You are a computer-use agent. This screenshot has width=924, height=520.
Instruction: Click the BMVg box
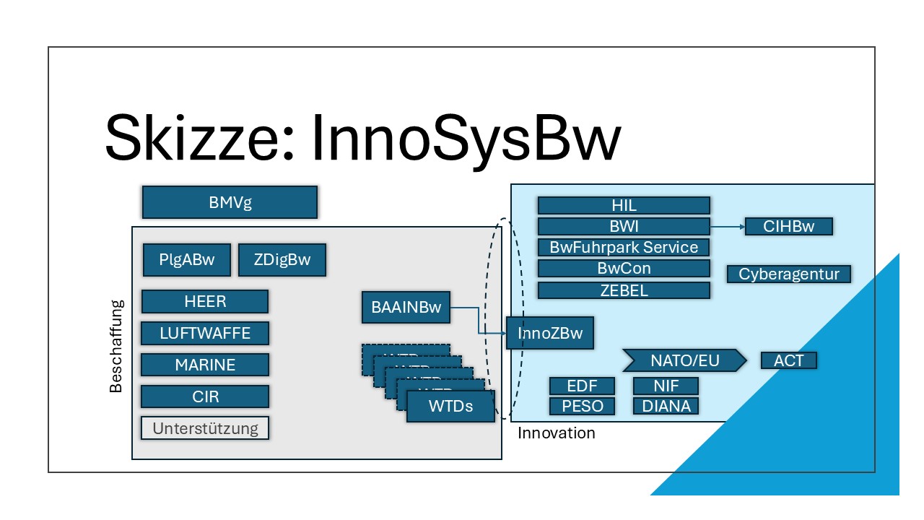click(230, 202)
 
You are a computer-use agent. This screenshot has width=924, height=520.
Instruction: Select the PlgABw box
click(187, 260)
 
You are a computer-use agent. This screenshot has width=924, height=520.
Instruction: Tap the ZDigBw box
click(282, 260)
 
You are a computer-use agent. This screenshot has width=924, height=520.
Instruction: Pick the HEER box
click(205, 301)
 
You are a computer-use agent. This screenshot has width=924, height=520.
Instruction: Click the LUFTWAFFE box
click(205, 333)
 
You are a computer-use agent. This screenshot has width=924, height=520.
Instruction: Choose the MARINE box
click(205, 365)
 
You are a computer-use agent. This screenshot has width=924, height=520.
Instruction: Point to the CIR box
click(205, 396)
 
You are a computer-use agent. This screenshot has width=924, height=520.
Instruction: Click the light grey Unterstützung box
click(205, 428)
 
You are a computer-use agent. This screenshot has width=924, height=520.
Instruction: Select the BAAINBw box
click(406, 307)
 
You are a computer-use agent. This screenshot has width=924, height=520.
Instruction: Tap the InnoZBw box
click(549, 333)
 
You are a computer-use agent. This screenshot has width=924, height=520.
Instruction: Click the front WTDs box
click(451, 406)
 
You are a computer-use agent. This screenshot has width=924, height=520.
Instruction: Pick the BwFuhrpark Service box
click(624, 247)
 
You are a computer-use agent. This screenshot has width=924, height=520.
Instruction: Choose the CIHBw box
click(789, 226)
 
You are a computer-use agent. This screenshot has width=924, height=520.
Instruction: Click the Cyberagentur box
click(789, 274)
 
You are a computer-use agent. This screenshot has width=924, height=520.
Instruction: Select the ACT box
click(789, 360)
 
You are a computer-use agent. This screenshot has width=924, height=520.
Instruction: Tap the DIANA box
click(666, 406)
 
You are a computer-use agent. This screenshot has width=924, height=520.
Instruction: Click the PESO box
click(582, 406)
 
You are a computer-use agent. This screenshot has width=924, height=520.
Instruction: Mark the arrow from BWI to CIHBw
click(727, 227)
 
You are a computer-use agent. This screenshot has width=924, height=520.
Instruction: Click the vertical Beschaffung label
click(116, 346)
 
